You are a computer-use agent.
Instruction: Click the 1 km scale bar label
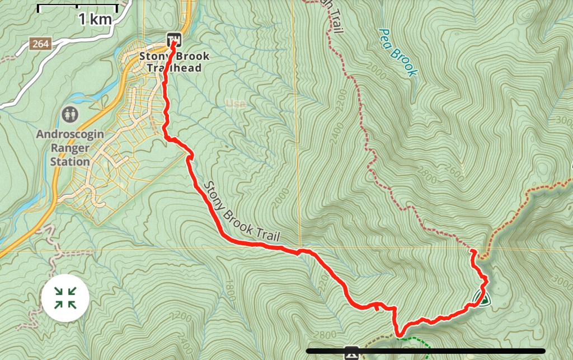coord(95,19)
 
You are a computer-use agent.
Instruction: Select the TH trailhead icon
coord(175,39)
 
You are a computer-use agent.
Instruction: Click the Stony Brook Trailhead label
coord(174,62)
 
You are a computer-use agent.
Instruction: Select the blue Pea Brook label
coord(398,52)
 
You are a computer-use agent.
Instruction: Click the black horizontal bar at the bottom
coord(425,351)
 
